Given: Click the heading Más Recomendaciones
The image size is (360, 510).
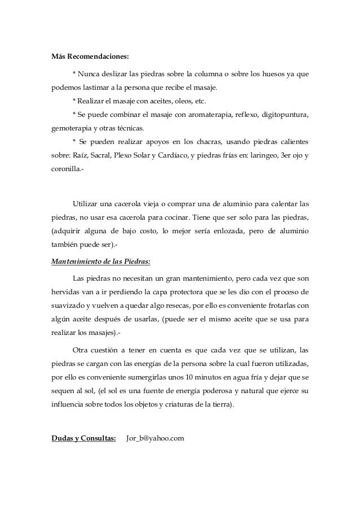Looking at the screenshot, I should [x=90, y=57].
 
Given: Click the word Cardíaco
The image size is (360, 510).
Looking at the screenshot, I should [x=172, y=155].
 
